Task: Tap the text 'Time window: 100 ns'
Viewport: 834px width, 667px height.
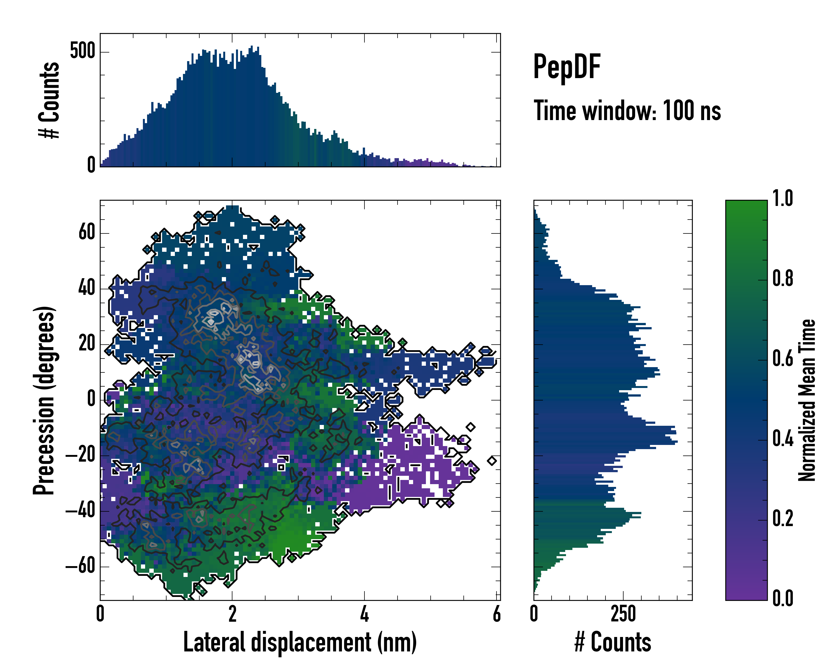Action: pyautogui.click(x=627, y=111)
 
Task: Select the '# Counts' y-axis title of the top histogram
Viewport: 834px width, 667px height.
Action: pyautogui.click(x=49, y=100)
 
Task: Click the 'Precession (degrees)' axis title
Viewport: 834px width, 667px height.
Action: pyautogui.click(x=44, y=400)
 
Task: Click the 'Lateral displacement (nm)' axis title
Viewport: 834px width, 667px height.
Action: pyautogui.click(x=300, y=642)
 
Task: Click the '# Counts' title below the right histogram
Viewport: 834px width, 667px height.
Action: pyautogui.click(x=613, y=642)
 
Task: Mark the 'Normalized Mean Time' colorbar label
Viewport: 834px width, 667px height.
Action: pyautogui.click(x=807, y=400)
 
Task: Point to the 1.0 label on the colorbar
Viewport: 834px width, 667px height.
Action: pyautogui.click(x=783, y=198)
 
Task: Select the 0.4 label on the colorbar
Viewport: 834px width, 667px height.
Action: pyautogui.click(x=783, y=439)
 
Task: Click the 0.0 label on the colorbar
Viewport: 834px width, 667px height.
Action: pyautogui.click(x=783, y=599)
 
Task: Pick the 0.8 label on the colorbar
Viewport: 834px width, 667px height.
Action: pyautogui.click(x=783, y=278)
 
